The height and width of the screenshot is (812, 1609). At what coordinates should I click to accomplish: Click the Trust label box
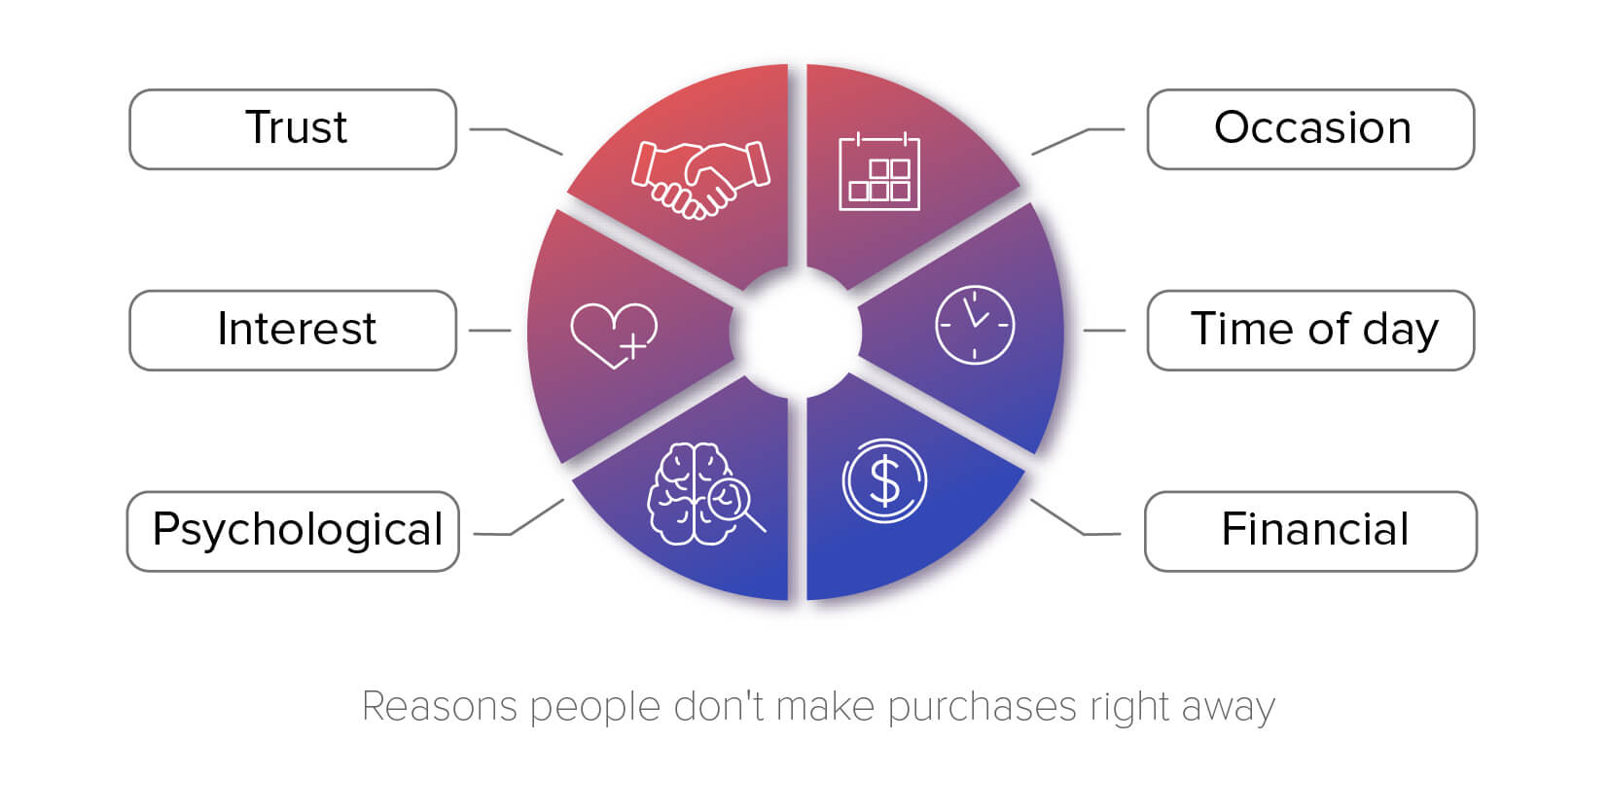(x=293, y=129)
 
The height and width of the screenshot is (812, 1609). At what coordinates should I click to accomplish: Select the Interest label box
(x=293, y=331)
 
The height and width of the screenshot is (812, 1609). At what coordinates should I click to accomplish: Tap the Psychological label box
(x=293, y=531)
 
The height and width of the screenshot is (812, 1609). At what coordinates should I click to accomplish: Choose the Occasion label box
(x=1311, y=129)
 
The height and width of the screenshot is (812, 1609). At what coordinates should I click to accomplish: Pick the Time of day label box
(x=1311, y=331)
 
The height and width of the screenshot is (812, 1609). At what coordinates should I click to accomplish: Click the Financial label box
(x=1311, y=531)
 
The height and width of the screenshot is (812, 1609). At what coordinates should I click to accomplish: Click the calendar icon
(x=879, y=171)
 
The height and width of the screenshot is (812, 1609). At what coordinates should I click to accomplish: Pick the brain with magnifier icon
(x=705, y=494)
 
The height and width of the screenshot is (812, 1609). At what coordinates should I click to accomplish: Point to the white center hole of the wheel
(x=796, y=332)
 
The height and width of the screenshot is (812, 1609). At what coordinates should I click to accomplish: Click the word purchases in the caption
(x=982, y=707)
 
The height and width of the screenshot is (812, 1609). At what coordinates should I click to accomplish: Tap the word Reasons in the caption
(x=440, y=706)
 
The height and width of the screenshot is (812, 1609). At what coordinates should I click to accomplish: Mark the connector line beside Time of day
(x=1104, y=331)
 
